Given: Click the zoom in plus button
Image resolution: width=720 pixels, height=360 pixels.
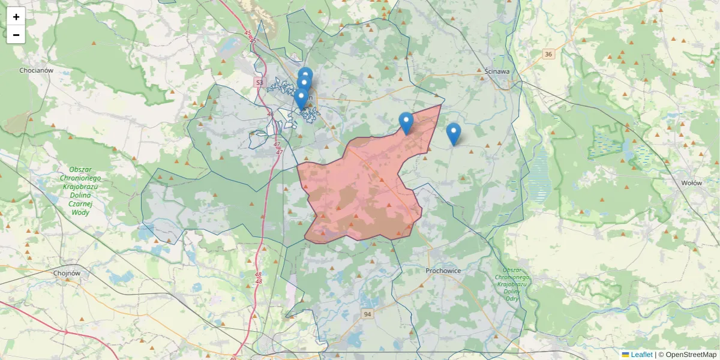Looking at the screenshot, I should (16, 17).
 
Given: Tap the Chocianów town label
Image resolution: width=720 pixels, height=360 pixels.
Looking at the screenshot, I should (37, 70).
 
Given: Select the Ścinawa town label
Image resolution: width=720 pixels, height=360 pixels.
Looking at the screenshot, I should (497, 71).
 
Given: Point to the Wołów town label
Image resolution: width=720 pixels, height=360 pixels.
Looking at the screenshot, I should (692, 183).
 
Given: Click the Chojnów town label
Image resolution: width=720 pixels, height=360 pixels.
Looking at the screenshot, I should (67, 273).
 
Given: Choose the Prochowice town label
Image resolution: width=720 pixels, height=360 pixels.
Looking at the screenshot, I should (443, 271).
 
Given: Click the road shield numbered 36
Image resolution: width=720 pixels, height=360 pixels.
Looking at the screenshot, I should (548, 55).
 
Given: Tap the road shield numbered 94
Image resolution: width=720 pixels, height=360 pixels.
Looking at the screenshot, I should (368, 314).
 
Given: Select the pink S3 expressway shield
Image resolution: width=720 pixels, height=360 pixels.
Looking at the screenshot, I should (259, 82).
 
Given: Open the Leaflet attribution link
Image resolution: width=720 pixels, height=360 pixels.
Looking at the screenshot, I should (641, 355).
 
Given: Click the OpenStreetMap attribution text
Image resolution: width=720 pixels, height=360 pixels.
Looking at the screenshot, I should (688, 355).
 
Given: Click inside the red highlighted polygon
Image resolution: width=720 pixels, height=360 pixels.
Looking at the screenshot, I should (360, 192).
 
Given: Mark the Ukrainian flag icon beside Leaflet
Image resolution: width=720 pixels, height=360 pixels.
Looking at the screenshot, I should (625, 355).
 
